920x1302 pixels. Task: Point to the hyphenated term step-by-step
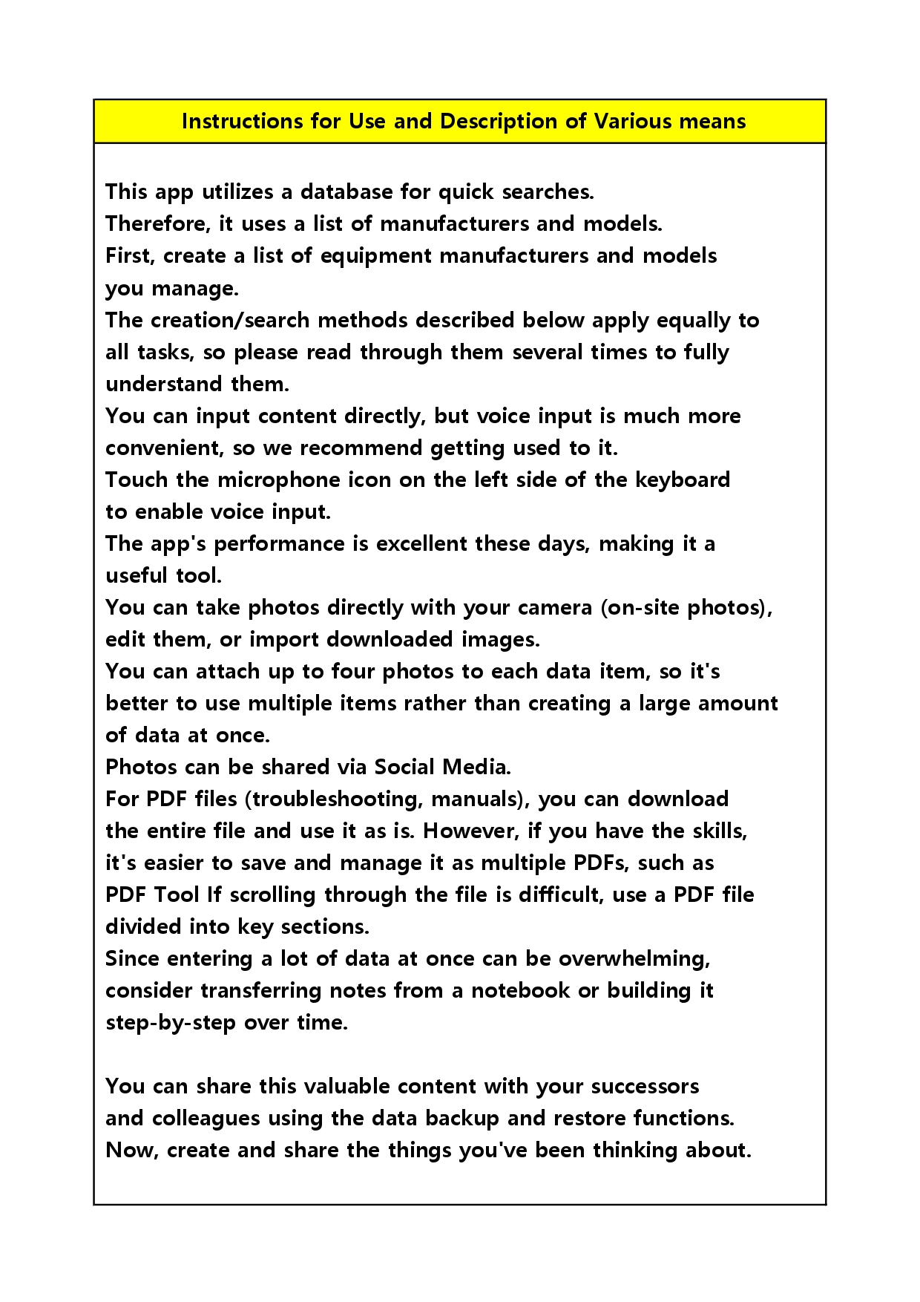click(171, 1022)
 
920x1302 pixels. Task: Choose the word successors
click(645, 1086)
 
